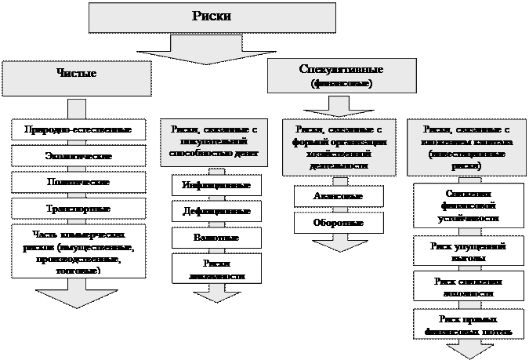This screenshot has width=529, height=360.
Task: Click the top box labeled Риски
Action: [x=212, y=16]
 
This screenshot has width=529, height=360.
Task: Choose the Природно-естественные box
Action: [x=78, y=129]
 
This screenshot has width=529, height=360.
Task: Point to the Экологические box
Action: [x=78, y=156]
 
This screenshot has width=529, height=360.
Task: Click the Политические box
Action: [x=78, y=182]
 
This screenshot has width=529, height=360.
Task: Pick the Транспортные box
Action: [x=78, y=209]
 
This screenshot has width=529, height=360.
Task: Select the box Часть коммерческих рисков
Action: [x=78, y=251]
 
